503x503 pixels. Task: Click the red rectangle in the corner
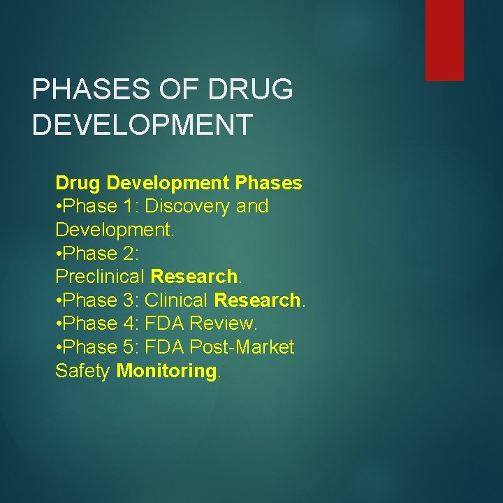(444, 40)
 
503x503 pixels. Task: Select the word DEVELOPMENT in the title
(143, 125)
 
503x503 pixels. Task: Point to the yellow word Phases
(269, 183)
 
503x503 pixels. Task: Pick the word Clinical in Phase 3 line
(177, 300)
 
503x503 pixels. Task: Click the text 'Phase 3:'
(100, 300)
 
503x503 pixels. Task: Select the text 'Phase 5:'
(100, 347)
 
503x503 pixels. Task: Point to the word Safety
(82, 371)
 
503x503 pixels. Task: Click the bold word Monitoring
(166, 371)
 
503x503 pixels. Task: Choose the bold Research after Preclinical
(194, 277)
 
